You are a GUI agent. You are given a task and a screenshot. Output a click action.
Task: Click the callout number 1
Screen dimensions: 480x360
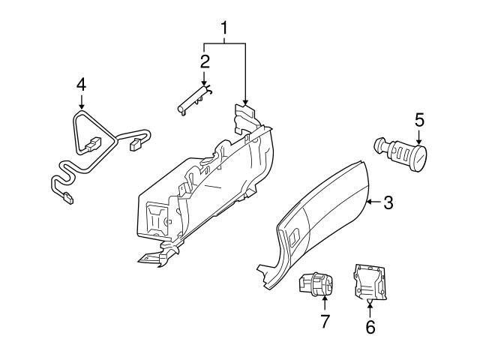pos(224,28)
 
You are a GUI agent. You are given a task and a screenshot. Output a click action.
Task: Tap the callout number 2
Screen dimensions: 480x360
pos(205,61)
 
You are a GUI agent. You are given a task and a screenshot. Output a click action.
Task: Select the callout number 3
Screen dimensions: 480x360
pos(388,202)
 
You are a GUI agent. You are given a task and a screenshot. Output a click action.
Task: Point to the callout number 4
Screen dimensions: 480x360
pos(81,85)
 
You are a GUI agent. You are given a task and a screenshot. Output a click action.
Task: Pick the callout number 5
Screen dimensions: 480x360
pos(420,120)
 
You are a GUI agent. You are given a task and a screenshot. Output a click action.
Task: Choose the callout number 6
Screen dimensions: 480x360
pos(370,327)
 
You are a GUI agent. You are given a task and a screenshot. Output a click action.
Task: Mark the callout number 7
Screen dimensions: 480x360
pos(325,322)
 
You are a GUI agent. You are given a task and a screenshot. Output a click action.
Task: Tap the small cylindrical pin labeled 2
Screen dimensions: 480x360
pos(195,100)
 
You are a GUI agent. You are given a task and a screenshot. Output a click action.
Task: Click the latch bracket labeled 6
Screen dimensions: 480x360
pos(370,282)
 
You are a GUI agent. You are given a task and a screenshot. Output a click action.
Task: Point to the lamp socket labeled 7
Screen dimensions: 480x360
pos(316,284)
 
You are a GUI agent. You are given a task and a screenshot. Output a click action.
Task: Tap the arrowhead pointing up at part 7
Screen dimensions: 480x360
pos(324,298)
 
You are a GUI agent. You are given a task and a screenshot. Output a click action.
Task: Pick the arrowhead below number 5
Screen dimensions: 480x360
pos(419,142)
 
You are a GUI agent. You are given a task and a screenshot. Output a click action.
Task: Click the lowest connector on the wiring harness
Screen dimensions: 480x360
pos(68,197)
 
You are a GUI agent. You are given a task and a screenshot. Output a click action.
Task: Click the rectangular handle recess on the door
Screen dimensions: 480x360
pos(295,236)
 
